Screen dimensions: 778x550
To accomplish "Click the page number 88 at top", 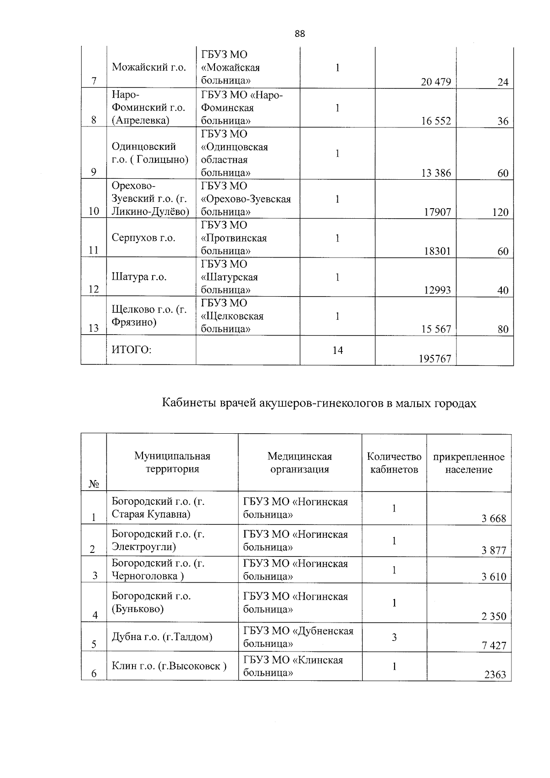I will pyautogui.click(x=300, y=33).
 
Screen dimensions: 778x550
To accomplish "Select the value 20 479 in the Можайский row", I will pyautogui.click(x=436, y=82).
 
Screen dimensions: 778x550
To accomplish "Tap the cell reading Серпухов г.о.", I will pyautogui.click(x=143, y=238).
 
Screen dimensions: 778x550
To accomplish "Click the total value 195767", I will pyautogui.click(x=435, y=359).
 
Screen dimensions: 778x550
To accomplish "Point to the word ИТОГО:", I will pyautogui.click(x=132, y=350).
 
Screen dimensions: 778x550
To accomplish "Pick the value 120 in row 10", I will pyautogui.click(x=500, y=212).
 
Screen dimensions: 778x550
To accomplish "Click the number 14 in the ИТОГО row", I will pyautogui.click(x=337, y=350).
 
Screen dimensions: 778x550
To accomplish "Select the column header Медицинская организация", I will pyautogui.click(x=300, y=463).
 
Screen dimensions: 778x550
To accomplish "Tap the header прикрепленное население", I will pyautogui.click(x=468, y=463).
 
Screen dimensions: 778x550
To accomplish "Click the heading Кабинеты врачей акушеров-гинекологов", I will pyautogui.click(x=319, y=403).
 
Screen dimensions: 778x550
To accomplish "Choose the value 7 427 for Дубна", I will pyautogui.click(x=494, y=646).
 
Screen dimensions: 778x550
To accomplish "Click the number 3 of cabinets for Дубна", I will pyautogui.click(x=394, y=637).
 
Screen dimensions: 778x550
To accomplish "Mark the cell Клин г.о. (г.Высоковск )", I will pyautogui.click(x=169, y=666).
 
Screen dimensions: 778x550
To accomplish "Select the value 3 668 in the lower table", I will pyautogui.click(x=494, y=519).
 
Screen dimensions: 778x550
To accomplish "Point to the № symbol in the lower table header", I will pyautogui.click(x=93, y=484).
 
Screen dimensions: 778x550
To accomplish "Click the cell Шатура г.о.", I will pyautogui.click(x=139, y=277).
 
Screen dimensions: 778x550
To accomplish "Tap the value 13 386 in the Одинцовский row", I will pyautogui.click(x=436, y=173).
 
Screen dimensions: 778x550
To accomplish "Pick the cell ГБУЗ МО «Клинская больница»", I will pyautogui.click(x=293, y=666).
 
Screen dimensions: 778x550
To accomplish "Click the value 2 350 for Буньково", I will pyautogui.click(x=494, y=616).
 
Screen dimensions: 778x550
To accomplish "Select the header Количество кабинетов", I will pyautogui.click(x=394, y=463).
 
